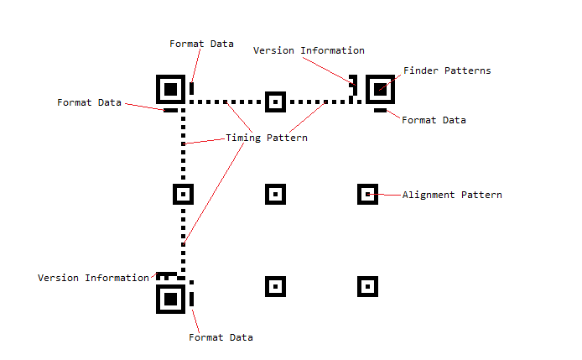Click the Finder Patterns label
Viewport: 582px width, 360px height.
click(x=447, y=70)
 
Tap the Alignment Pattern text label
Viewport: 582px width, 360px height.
click(x=452, y=195)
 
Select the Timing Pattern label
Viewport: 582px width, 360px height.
click(x=267, y=138)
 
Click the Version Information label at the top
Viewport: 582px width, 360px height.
click(x=309, y=50)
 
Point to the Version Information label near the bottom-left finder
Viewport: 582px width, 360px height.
click(x=93, y=278)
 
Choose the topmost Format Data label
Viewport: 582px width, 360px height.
click(x=201, y=44)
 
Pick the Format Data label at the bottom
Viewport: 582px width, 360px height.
click(x=221, y=337)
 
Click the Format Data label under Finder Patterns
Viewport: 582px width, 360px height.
click(x=434, y=120)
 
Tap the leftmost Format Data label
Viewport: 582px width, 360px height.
click(x=89, y=102)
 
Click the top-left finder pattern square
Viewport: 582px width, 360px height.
click(x=170, y=88)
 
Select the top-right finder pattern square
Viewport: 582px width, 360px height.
click(x=380, y=88)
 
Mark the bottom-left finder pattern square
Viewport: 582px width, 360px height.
click(x=170, y=298)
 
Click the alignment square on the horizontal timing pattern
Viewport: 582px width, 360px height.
click(x=275, y=102)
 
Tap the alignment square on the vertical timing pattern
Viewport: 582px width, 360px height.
click(x=183, y=194)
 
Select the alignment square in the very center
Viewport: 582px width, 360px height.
click(x=275, y=194)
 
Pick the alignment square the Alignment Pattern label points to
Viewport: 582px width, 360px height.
click(x=367, y=194)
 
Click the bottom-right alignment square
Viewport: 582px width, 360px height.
click(x=367, y=286)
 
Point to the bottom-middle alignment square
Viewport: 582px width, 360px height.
click(x=275, y=286)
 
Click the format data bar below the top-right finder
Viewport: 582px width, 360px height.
click(x=380, y=110)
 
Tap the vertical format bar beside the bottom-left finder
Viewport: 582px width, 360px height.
click(x=192, y=298)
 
